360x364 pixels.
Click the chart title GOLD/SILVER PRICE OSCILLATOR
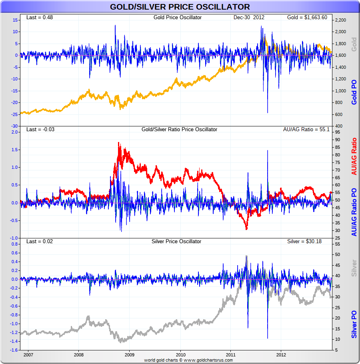click(x=180, y=7)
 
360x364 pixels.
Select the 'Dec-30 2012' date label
click(x=249, y=18)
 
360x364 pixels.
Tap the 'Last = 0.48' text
click(x=40, y=18)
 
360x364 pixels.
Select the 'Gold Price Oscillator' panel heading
click(x=178, y=18)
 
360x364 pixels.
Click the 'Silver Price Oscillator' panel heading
click(x=176, y=242)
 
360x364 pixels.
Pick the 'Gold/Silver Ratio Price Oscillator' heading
click(x=180, y=130)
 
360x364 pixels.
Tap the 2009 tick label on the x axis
click(x=130, y=354)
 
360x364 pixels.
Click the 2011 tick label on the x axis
click(x=231, y=354)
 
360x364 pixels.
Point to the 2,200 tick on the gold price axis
click(x=340, y=20)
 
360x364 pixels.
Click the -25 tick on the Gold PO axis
click(x=14, y=114)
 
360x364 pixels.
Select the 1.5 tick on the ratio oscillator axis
click(x=14, y=150)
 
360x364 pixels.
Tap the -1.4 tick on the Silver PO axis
click(x=14, y=342)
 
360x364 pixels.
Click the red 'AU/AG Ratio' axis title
click(x=354, y=156)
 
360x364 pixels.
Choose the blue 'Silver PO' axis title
click(x=354, y=324)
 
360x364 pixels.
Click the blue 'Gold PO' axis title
click(x=354, y=92)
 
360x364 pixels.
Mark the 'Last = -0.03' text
click(x=40, y=130)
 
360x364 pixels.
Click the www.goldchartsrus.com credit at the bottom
click(x=208, y=360)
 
